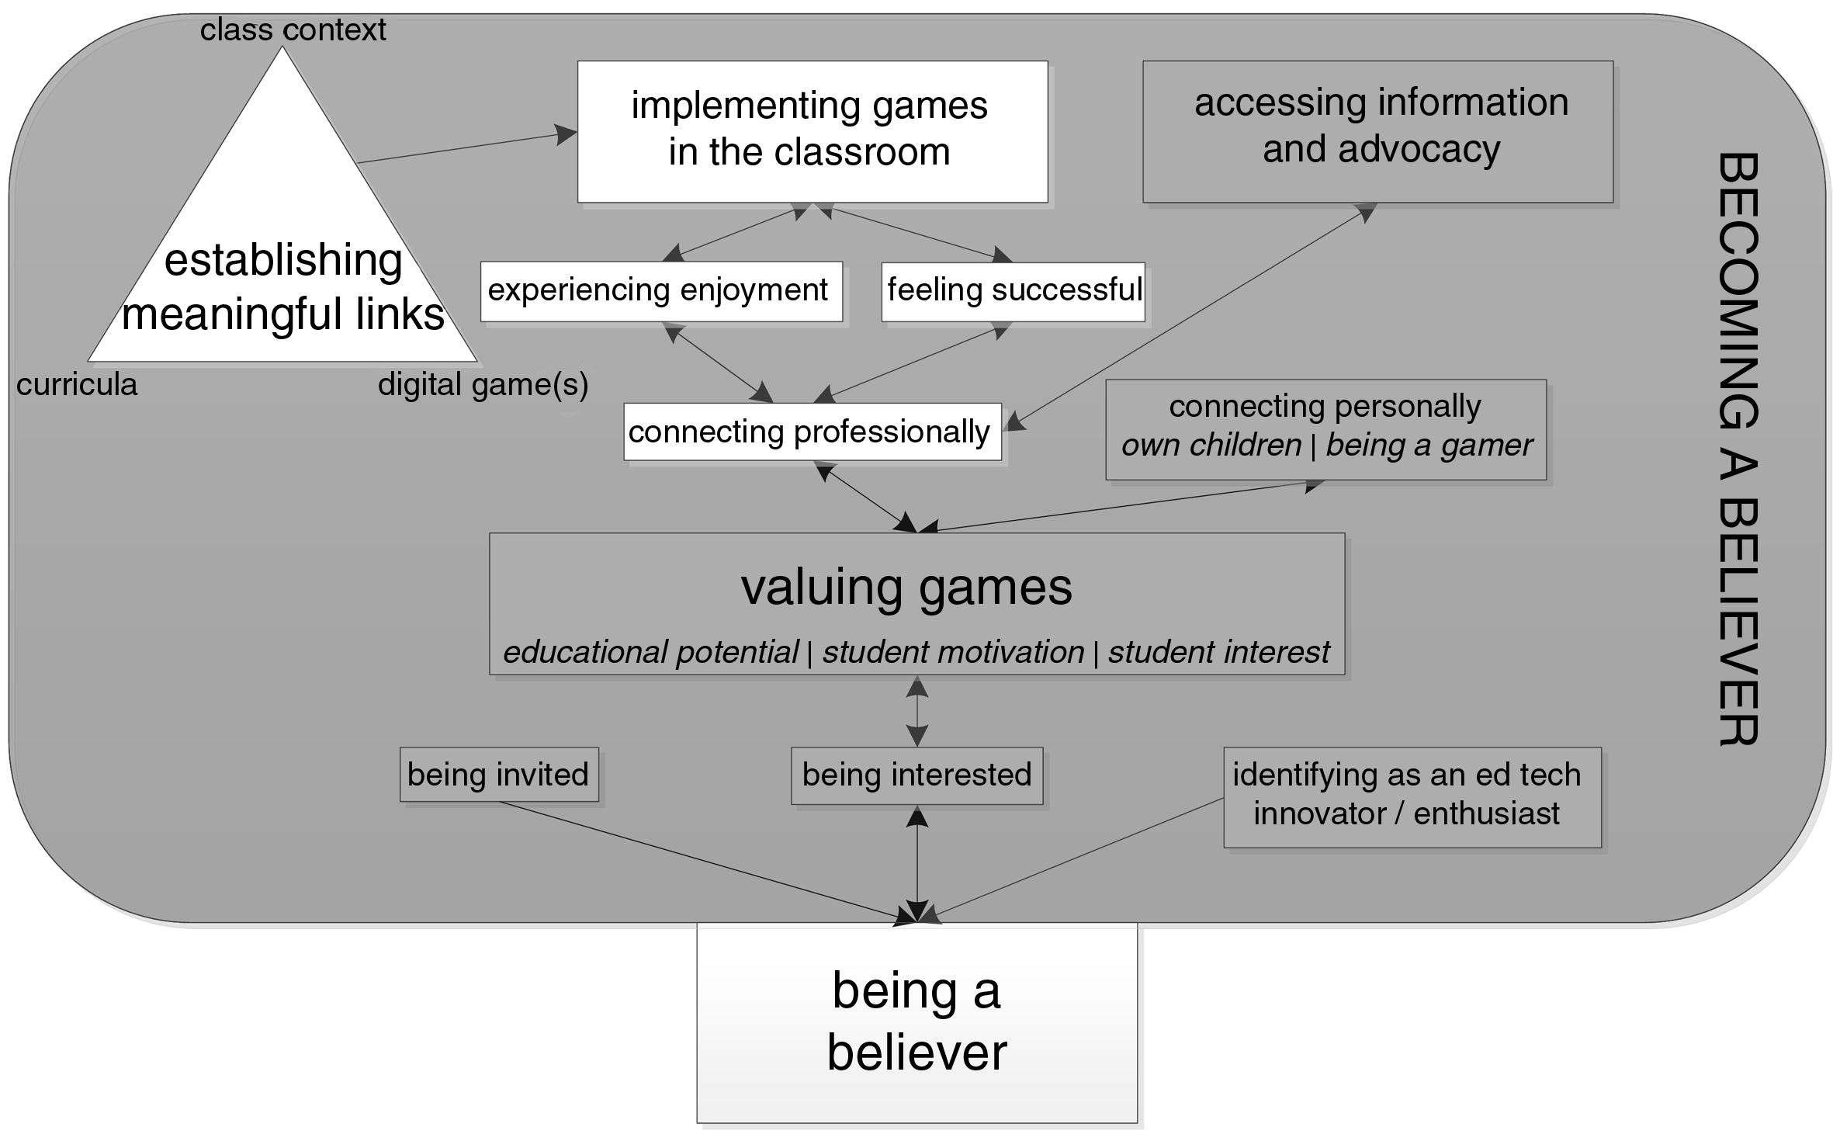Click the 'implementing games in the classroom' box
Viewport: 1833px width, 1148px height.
tap(812, 131)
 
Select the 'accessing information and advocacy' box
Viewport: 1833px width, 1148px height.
tap(1377, 131)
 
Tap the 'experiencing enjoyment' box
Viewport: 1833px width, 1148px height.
tap(660, 291)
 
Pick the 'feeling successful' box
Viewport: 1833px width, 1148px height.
tap(1013, 291)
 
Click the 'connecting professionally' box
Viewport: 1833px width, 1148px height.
tap(812, 432)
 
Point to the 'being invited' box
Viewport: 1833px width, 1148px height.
tap(498, 775)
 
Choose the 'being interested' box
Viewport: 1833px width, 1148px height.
tap(916, 775)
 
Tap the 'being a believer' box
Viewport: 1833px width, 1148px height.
tap(916, 1021)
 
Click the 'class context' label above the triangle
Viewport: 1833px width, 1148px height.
tap(293, 30)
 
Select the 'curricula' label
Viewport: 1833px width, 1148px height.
tap(77, 385)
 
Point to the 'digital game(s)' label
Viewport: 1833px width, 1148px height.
tap(483, 385)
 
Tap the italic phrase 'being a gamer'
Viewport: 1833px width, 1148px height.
tap(1429, 446)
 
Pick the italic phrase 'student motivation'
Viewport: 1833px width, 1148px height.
tap(953, 652)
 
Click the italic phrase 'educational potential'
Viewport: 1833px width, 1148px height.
tap(650, 652)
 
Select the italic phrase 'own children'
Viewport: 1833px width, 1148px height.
tap(1211, 446)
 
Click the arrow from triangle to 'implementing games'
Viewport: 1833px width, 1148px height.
tap(466, 147)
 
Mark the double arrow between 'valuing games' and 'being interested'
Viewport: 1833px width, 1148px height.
tap(917, 711)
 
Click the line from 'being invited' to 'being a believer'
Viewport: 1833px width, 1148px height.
tap(698, 861)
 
